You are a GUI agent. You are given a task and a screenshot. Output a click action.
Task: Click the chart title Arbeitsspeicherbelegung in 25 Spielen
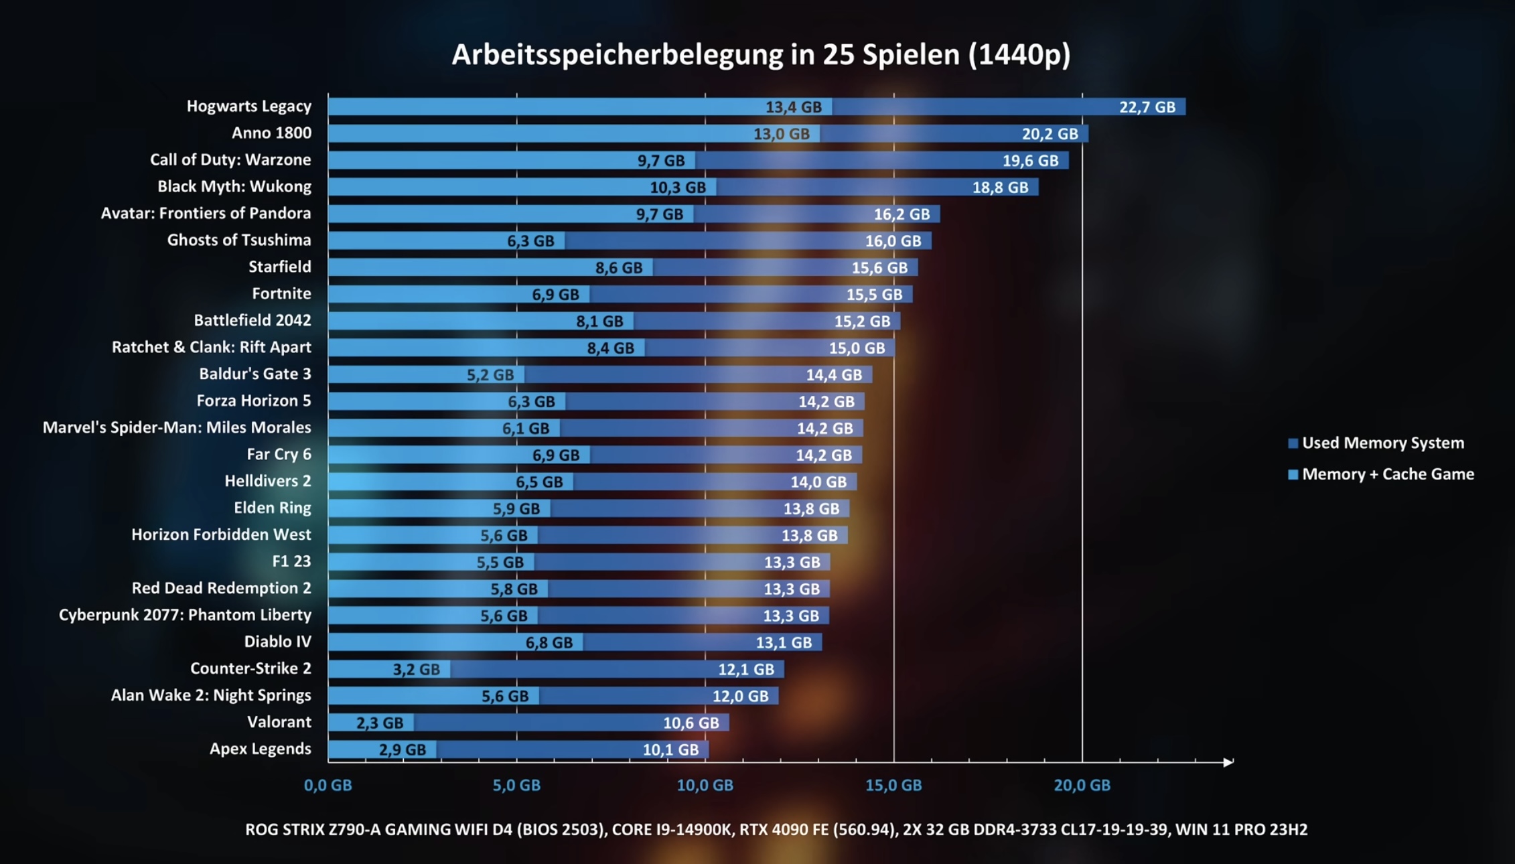tap(761, 55)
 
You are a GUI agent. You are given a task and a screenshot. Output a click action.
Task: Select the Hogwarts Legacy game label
tap(248, 106)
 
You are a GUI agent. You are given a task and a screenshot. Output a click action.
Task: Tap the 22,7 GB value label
tap(1147, 107)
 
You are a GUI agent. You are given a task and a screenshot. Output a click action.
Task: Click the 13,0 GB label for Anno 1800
tap(781, 134)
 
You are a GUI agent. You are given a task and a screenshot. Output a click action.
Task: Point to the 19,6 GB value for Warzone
tap(1030, 161)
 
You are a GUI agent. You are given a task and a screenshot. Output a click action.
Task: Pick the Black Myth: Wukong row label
tap(234, 186)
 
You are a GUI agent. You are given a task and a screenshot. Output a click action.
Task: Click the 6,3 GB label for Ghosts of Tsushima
tap(530, 241)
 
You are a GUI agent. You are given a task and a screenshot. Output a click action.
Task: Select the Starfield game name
tap(279, 267)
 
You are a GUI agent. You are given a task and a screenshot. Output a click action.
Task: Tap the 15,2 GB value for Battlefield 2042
tap(861, 321)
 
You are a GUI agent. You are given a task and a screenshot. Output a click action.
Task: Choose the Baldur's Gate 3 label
tap(255, 374)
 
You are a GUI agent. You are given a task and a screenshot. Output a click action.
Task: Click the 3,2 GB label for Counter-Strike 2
tap(416, 669)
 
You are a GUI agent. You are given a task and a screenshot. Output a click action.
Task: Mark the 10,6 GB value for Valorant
tap(691, 723)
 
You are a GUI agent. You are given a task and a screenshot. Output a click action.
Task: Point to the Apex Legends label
tap(260, 749)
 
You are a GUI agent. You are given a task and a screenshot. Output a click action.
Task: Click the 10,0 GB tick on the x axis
tap(705, 785)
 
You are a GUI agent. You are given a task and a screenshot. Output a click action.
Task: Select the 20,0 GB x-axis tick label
tap(1082, 785)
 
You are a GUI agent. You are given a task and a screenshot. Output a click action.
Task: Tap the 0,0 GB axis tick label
tap(328, 785)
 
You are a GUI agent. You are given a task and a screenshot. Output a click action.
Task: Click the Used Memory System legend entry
tap(1382, 443)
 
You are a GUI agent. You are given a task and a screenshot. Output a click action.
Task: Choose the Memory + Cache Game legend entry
tap(1387, 474)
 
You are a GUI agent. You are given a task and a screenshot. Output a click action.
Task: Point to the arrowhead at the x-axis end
tap(1228, 762)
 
